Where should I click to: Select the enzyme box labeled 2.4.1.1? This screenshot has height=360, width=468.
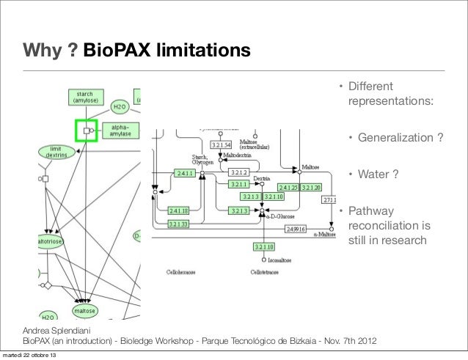184,173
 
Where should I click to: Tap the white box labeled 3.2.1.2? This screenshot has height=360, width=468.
240,172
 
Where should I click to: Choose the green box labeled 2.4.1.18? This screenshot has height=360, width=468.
180,210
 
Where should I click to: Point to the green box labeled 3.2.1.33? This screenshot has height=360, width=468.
180,223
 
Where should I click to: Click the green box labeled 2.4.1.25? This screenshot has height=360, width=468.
288,188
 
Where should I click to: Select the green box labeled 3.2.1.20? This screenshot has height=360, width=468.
311,188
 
